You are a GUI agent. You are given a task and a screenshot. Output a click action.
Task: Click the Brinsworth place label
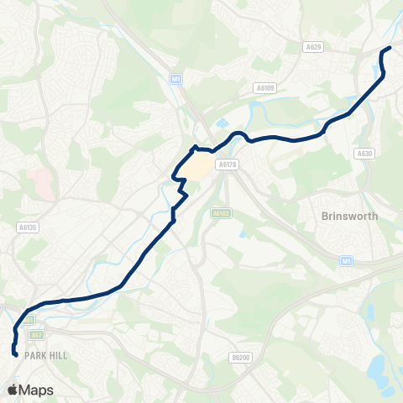[x=349, y=216]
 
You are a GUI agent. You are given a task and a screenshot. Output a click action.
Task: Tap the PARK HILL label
[x=46, y=356]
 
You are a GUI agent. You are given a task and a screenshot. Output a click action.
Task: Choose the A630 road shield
[x=364, y=154]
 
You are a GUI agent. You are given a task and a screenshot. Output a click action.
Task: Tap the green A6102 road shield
[x=221, y=214]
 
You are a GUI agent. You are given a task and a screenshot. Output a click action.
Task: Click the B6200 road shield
[x=240, y=358]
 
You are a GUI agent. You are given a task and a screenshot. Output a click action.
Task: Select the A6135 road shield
[x=27, y=227]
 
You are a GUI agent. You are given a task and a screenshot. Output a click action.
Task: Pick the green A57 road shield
[x=36, y=334]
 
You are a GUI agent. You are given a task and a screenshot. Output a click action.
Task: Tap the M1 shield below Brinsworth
[x=345, y=261]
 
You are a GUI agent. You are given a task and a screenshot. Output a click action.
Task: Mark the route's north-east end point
[x=390, y=48]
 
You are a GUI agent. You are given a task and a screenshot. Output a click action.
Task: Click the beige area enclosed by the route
[x=197, y=168]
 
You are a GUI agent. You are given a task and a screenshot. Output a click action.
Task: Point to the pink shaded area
[x=38, y=180]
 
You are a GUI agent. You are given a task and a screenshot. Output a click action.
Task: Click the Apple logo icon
[x=13, y=390]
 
